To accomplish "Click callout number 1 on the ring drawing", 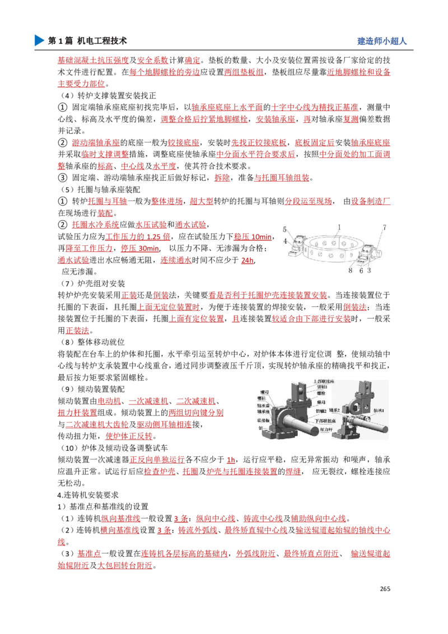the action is [x=339, y=227].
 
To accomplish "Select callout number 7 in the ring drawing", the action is [x=384, y=227].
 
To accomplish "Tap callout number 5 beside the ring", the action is [x=284, y=230].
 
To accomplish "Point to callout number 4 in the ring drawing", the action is [x=284, y=241].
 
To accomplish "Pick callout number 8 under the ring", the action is [x=351, y=270].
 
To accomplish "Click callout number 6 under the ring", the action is [x=361, y=270].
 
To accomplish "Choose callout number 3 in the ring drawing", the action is [x=369, y=270].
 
